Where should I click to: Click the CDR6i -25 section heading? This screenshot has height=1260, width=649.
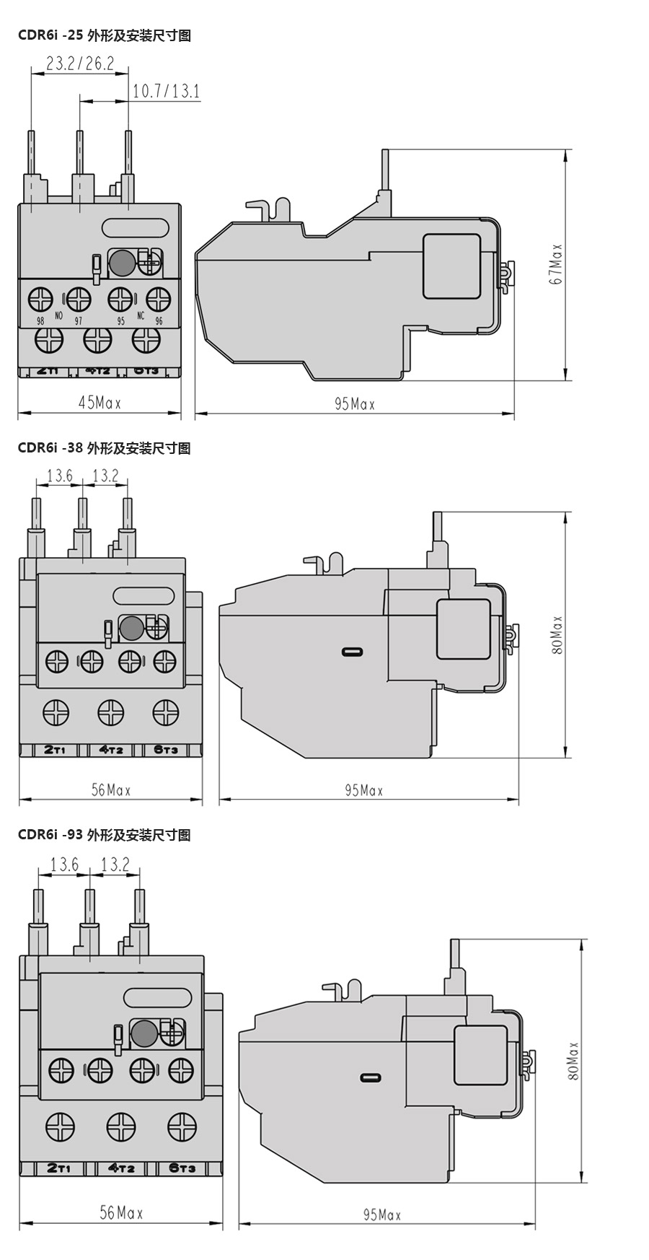[x=105, y=35]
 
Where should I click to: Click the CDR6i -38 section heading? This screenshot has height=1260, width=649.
[x=105, y=448]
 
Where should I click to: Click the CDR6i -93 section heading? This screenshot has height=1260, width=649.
[x=105, y=835]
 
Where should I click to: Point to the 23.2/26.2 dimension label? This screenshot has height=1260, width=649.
[x=80, y=64]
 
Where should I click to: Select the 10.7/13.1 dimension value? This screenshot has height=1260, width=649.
[x=167, y=91]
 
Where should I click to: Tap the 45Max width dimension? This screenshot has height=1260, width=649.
[x=100, y=403]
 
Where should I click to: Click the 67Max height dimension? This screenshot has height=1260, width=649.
[x=556, y=263]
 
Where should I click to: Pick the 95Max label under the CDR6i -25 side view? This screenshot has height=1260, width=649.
[x=355, y=404]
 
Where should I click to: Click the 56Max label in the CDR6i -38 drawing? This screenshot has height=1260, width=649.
[x=111, y=790]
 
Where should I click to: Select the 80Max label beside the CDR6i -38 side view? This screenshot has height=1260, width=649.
[x=557, y=635]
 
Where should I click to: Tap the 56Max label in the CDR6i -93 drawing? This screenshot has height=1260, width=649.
[x=121, y=1213]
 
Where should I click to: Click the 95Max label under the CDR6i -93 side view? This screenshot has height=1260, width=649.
[x=381, y=1215]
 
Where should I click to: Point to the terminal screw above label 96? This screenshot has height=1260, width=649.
[x=158, y=298]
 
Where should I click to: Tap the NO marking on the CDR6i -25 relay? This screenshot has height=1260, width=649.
[x=59, y=316]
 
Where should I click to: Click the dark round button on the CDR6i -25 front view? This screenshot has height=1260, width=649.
[x=122, y=263]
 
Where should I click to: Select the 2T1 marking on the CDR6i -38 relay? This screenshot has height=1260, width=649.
[x=55, y=750]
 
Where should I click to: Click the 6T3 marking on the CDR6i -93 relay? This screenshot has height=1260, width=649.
[x=182, y=1168]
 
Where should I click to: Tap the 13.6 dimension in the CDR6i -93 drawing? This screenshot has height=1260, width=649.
[x=64, y=864]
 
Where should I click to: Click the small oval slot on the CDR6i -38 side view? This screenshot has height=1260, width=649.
[x=353, y=652]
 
